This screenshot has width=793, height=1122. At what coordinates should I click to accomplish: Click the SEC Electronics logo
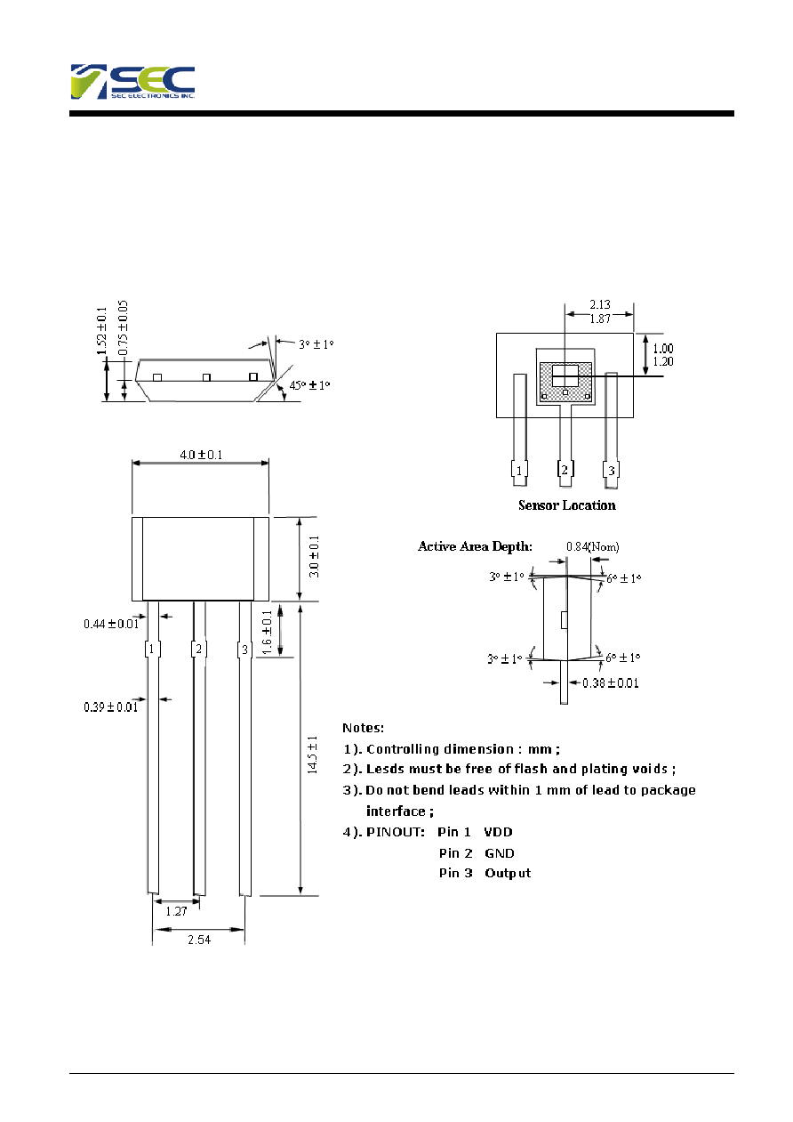(x=132, y=82)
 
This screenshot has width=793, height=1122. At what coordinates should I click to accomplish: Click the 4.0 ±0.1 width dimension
(x=201, y=455)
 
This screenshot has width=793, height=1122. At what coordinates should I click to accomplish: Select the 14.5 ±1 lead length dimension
(x=313, y=755)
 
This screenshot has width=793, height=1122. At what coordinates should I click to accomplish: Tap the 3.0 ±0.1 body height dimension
(x=314, y=556)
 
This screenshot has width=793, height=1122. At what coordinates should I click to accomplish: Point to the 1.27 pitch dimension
(x=176, y=911)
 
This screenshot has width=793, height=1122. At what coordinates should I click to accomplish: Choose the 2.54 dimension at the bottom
(x=199, y=940)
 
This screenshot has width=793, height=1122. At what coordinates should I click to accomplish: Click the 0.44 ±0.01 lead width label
(x=111, y=624)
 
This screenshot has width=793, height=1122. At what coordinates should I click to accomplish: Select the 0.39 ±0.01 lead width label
(x=110, y=706)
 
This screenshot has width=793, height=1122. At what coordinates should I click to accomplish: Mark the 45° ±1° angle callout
(x=309, y=385)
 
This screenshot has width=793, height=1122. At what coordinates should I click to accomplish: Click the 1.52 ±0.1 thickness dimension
(x=101, y=331)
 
